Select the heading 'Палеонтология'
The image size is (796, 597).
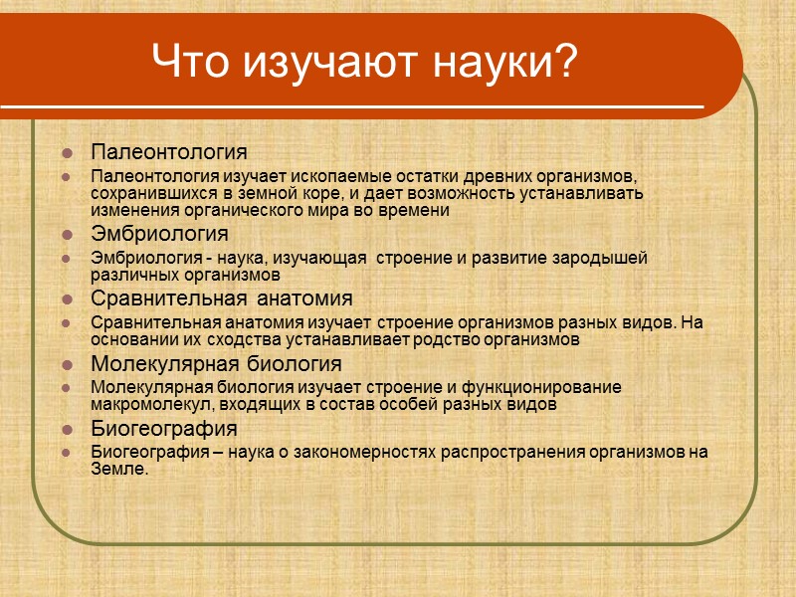[x=168, y=152]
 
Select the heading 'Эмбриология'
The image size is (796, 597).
[x=159, y=234]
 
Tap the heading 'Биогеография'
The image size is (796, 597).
[x=163, y=429]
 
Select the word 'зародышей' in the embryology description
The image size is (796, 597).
[x=605, y=258]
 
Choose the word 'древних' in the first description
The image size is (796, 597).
[x=481, y=176]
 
